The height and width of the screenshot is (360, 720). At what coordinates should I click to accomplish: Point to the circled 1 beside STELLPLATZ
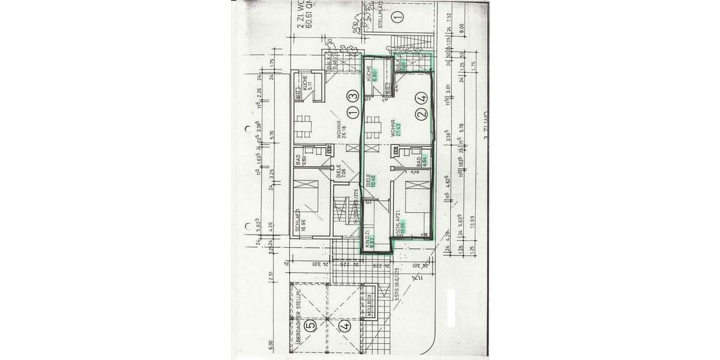pos(397,18)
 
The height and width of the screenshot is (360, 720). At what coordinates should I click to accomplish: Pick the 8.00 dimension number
pos(462,28)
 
